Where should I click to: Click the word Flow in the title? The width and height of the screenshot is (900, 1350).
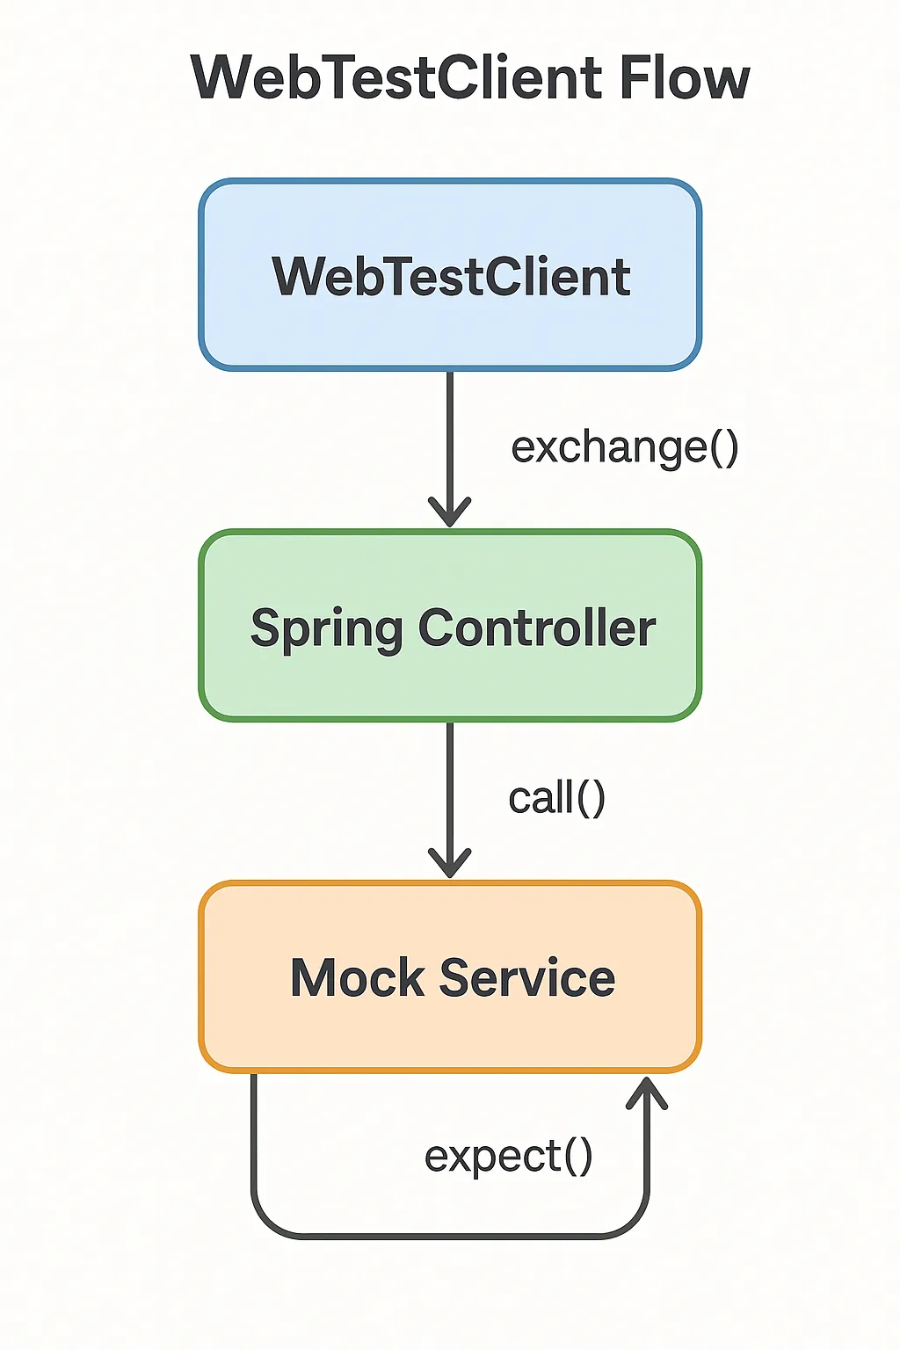click(x=685, y=77)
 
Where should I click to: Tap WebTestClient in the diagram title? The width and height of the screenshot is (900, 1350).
click(x=396, y=77)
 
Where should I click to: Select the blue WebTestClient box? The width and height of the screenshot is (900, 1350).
click(x=450, y=275)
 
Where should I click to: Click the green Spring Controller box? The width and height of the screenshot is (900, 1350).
click(x=450, y=626)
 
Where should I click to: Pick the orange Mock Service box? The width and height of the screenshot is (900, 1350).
click(x=450, y=977)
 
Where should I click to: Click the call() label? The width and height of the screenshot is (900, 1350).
click(x=556, y=798)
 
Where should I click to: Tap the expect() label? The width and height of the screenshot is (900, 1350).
click(x=509, y=1158)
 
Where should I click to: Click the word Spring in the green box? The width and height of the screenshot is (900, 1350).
click(x=326, y=629)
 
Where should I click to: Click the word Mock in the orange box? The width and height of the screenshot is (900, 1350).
click(x=357, y=977)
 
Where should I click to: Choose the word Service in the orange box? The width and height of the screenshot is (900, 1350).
click(x=526, y=977)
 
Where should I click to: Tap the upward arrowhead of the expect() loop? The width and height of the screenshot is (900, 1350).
click(x=646, y=1092)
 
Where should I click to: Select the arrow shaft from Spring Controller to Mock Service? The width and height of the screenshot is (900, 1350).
click(x=450, y=800)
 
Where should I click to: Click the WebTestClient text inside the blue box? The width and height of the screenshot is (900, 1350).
click(x=451, y=276)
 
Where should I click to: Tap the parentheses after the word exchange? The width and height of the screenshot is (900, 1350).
click(x=724, y=447)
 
